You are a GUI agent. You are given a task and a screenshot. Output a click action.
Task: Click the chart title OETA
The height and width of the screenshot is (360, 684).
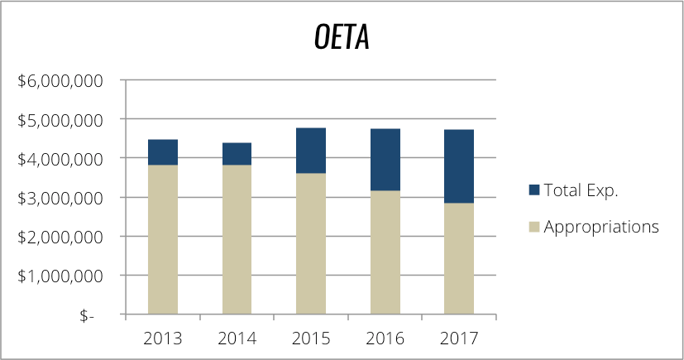point(342,38)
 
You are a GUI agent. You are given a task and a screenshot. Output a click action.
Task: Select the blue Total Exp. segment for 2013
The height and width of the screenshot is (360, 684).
point(163,152)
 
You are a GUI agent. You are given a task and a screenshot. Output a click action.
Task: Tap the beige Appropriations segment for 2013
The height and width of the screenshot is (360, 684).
point(163,240)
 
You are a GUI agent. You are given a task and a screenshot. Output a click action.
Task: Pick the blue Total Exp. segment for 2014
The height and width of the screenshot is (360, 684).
point(237,154)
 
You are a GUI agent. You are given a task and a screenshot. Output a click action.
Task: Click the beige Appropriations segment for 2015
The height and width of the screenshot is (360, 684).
point(311,244)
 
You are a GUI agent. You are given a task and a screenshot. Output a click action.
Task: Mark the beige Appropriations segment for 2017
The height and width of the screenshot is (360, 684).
point(459,259)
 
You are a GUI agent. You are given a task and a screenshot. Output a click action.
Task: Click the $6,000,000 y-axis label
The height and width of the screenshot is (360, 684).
point(60,81)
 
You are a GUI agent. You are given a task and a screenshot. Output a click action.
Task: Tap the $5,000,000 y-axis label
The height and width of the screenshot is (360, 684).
point(60,120)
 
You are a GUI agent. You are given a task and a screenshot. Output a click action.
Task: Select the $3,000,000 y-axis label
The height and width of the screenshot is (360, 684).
point(60,198)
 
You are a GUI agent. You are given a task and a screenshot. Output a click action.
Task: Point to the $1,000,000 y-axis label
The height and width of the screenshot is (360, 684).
point(60,276)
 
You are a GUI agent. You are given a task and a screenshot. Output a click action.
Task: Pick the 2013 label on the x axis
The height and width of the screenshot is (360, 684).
point(163,338)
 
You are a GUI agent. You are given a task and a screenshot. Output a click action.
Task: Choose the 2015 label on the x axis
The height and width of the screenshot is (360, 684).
point(311,338)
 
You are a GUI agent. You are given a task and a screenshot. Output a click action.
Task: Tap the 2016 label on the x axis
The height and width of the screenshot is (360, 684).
point(385,338)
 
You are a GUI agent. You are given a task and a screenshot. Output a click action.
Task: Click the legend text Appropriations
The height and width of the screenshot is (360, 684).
point(601,226)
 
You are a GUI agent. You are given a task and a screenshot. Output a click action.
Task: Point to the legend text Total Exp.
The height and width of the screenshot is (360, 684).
point(581,190)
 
